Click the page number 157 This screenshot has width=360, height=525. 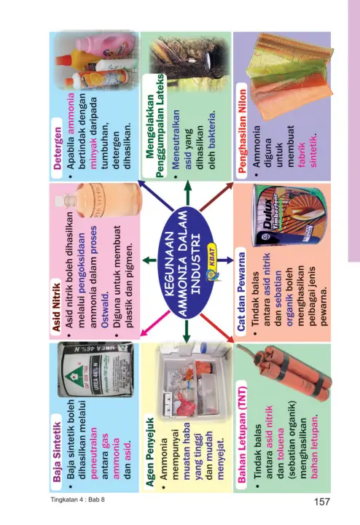(x=322, y=502)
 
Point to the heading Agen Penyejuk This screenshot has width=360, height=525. (x=149, y=451)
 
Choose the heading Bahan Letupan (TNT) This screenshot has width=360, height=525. (x=241, y=435)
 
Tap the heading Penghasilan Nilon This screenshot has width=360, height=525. (x=241, y=131)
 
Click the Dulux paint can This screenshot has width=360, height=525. (x=289, y=215)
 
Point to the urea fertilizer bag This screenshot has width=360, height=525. (x=95, y=370)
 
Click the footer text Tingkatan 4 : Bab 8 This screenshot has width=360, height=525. (x=78, y=499)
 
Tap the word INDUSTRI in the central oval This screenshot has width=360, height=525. (x=195, y=264)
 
